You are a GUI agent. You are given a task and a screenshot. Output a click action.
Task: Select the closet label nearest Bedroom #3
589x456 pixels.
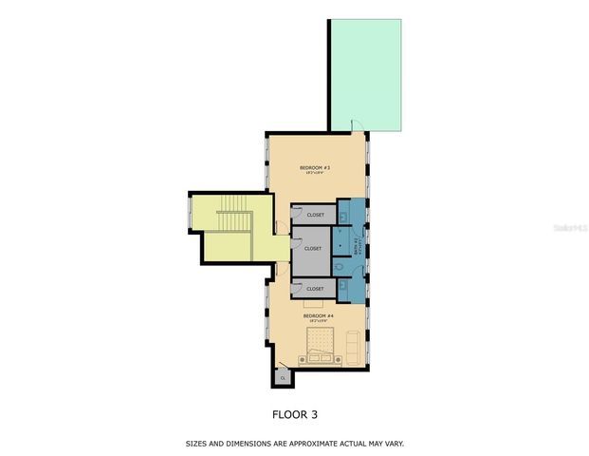click(x=315, y=215)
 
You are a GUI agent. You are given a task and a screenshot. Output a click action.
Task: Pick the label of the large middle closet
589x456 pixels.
click(x=314, y=249)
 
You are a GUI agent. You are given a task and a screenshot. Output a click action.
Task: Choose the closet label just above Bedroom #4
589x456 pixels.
click(x=315, y=288)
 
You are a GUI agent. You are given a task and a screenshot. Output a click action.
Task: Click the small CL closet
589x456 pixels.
click(x=283, y=377)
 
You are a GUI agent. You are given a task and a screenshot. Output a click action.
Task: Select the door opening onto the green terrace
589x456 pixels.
click(x=357, y=127)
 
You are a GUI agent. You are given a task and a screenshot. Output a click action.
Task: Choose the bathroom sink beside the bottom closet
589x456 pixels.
click(x=344, y=286)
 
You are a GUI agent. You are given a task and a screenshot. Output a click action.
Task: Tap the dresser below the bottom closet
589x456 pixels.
click(x=313, y=305)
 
